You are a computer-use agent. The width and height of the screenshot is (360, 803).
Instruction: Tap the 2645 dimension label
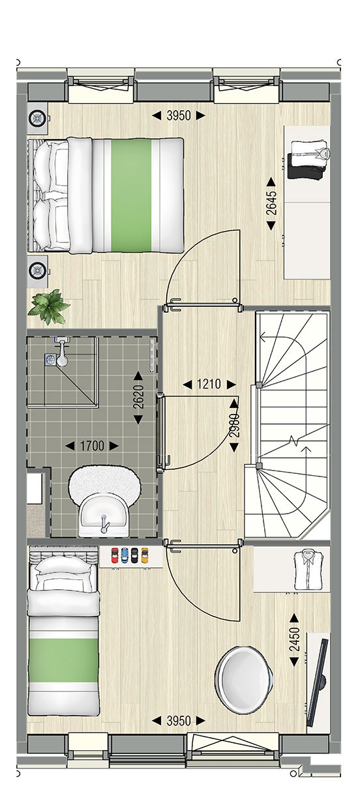click(x=271, y=203)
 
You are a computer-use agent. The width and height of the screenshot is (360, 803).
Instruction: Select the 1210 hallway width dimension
click(x=209, y=385)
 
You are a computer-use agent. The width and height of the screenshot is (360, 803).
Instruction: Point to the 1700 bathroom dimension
click(x=92, y=446)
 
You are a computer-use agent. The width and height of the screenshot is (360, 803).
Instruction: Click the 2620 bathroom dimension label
click(x=138, y=396)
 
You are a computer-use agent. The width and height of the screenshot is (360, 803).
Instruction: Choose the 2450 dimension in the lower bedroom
click(x=294, y=639)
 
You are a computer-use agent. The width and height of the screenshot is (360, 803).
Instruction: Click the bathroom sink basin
click(x=104, y=515)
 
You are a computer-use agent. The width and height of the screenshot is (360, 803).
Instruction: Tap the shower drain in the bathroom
click(x=50, y=360)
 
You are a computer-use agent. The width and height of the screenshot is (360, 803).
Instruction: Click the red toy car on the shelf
click(x=115, y=555)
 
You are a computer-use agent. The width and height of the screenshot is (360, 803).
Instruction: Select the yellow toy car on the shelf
click(x=145, y=555)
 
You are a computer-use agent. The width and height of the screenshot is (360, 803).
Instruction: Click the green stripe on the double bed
click(x=131, y=196)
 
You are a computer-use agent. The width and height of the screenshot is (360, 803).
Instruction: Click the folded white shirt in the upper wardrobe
click(x=310, y=153)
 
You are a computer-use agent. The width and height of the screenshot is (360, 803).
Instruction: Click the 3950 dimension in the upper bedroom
click(x=179, y=115)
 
